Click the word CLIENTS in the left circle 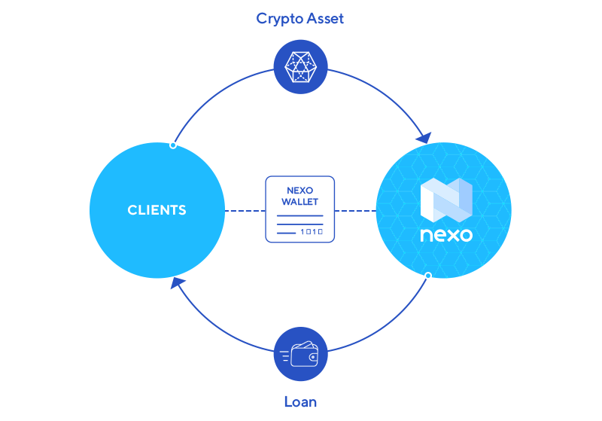(x=157, y=210)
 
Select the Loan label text (x=300, y=401)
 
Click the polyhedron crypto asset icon (x=300, y=67)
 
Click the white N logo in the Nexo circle (x=445, y=202)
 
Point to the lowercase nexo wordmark (x=446, y=235)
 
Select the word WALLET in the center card (x=300, y=202)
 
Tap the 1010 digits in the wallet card (x=312, y=233)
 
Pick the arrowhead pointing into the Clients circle (x=177, y=283)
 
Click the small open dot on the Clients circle (x=173, y=145)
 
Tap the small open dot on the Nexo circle (x=428, y=276)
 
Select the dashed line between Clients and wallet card (x=245, y=211)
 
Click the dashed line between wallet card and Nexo (x=355, y=211)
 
